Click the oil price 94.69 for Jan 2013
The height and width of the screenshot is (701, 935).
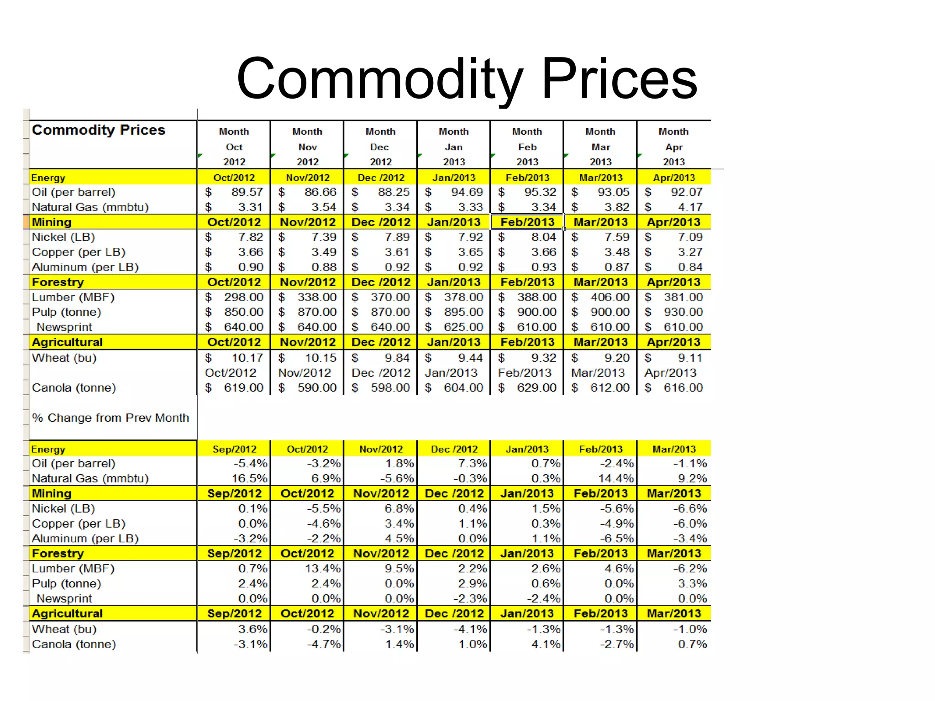click(467, 192)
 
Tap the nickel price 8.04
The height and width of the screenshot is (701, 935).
click(543, 237)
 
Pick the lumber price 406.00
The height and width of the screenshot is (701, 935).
click(610, 297)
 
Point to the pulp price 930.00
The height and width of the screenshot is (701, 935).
click(683, 312)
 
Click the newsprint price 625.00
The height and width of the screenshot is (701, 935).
click(463, 327)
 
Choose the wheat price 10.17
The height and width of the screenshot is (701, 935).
click(247, 358)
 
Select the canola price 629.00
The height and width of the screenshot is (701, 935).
click(536, 388)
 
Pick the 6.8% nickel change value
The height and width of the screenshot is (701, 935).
click(399, 508)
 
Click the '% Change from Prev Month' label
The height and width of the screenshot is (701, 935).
click(110, 418)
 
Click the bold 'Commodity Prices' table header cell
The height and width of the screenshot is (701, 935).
click(99, 130)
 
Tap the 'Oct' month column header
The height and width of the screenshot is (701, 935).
click(234, 147)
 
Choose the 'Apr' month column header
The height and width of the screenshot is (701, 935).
click(674, 147)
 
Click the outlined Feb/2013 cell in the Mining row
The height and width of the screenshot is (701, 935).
click(527, 222)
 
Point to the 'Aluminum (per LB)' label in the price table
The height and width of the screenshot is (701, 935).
click(85, 267)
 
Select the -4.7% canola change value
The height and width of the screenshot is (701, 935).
click(324, 644)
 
